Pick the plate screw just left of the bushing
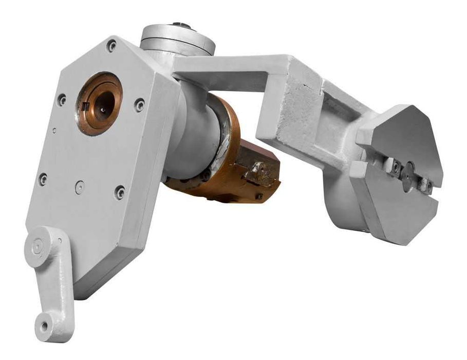point(62,99)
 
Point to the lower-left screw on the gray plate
point(43,179)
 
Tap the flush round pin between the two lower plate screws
point(79,187)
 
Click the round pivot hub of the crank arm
point(39,247)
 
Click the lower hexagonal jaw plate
point(390,206)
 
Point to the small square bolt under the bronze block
point(260,196)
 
